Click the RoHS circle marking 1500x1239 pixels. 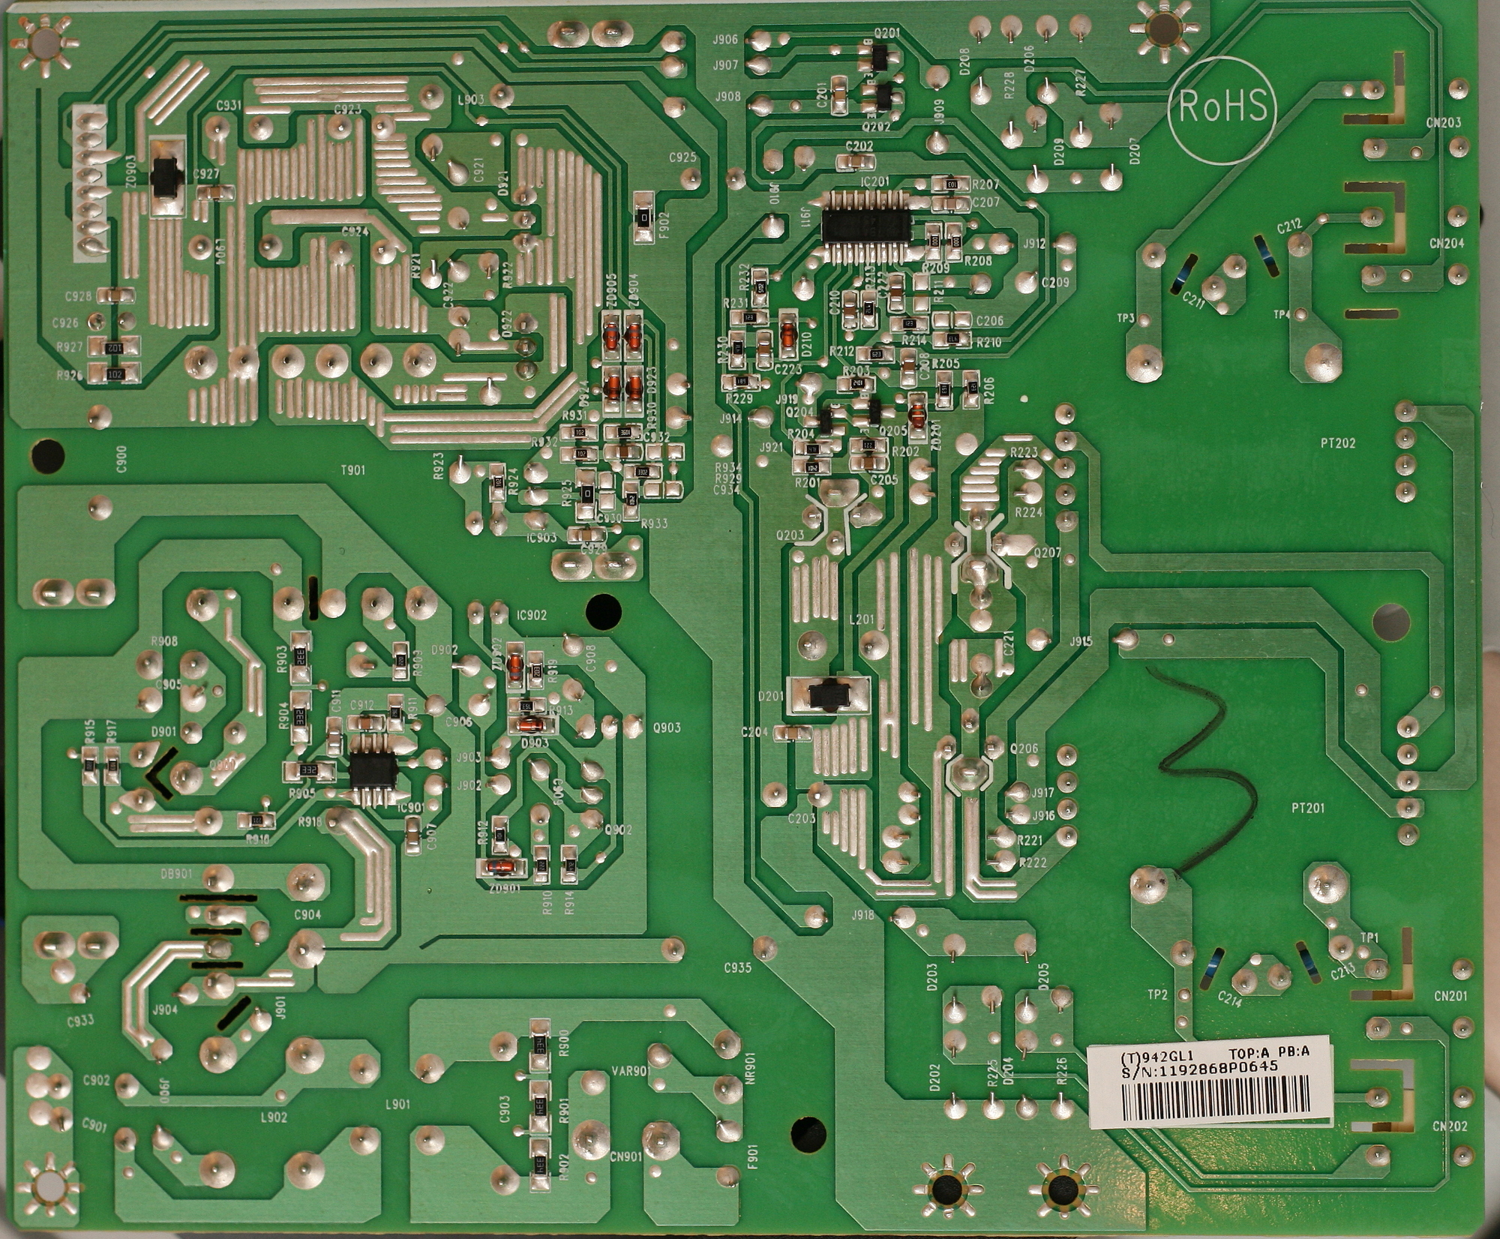pyautogui.click(x=1222, y=107)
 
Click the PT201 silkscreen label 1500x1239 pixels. pyautogui.click(x=1308, y=808)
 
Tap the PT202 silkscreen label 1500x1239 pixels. pyautogui.click(x=1338, y=443)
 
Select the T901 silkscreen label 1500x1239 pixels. pyautogui.click(x=352, y=470)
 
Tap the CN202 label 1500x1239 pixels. pyautogui.click(x=1449, y=1126)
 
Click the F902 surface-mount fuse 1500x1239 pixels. pyautogui.click(x=643, y=218)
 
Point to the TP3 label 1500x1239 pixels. pyautogui.click(x=1125, y=319)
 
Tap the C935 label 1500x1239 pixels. pyautogui.click(x=737, y=967)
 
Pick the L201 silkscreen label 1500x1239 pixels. pyautogui.click(x=862, y=619)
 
